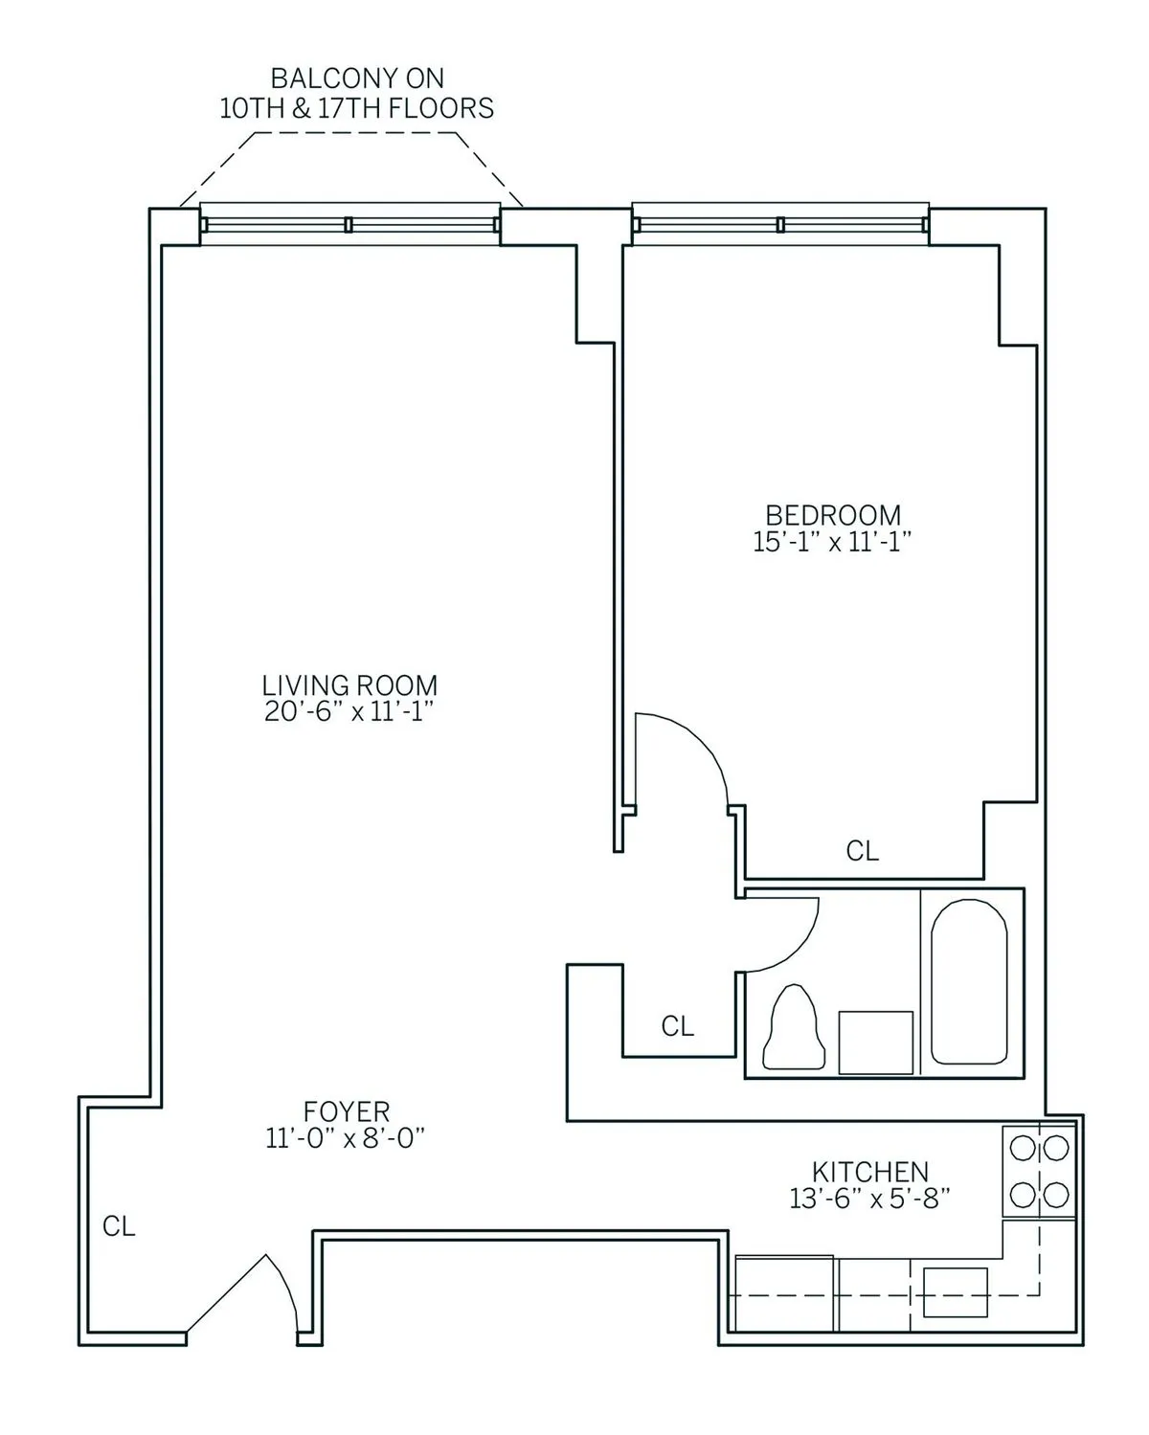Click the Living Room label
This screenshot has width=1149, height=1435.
[x=349, y=685]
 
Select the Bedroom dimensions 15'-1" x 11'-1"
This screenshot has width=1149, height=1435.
[x=831, y=542]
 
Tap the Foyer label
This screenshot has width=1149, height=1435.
[x=347, y=1111]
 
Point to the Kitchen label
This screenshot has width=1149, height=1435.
[x=869, y=1171]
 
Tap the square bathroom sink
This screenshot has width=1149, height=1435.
[x=875, y=1043]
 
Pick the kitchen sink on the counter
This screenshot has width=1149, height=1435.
[x=955, y=1291]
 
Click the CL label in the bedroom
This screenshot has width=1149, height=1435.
[x=862, y=850]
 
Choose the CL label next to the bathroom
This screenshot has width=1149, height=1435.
[x=677, y=1026]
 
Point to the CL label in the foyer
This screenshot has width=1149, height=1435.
[x=119, y=1226]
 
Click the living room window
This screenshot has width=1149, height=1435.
[x=349, y=225]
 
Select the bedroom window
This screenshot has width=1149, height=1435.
[x=780, y=225]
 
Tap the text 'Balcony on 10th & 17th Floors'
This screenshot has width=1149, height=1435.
[x=356, y=93]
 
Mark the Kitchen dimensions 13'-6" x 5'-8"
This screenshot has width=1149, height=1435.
[x=869, y=1198]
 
